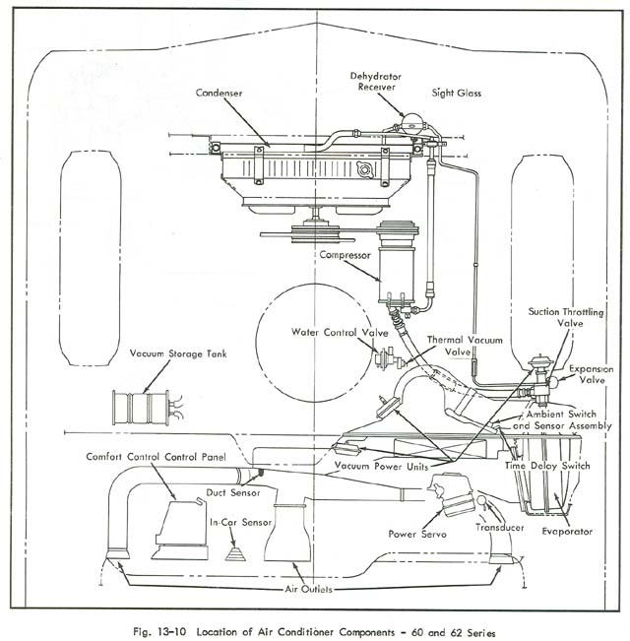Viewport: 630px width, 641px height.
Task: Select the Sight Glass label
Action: point(455,96)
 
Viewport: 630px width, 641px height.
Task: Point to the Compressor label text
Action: point(344,255)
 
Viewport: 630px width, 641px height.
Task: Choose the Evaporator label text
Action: point(567,532)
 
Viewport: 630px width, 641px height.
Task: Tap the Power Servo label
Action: point(417,534)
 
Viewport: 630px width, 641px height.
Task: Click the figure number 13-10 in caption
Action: point(217,628)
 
